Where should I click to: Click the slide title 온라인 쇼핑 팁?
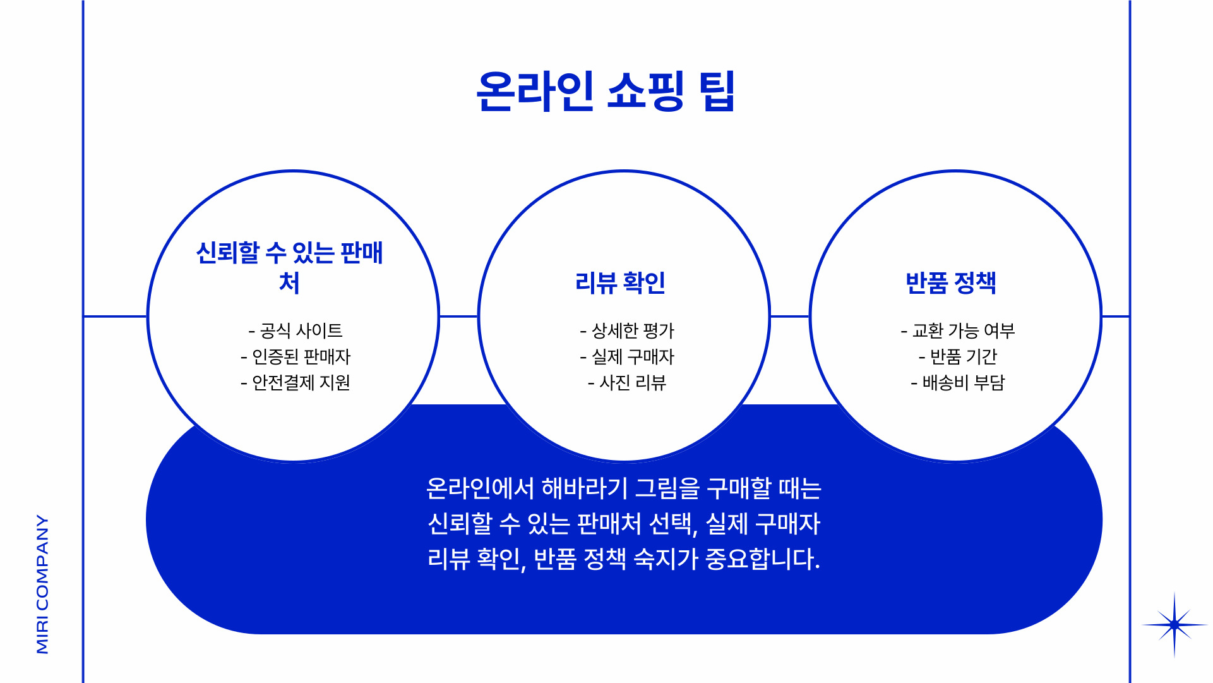click(606, 92)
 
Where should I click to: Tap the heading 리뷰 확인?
click(620, 282)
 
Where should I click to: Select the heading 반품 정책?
click(951, 282)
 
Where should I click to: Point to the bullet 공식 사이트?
click(296, 330)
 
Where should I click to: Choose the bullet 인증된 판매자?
click(296, 357)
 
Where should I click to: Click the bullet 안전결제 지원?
click(296, 383)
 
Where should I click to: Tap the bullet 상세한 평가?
click(627, 330)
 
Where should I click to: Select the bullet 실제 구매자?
click(627, 357)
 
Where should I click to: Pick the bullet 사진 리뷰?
click(627, 383)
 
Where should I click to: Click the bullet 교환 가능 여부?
click(958, 330)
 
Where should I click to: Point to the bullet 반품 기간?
click(958, 357)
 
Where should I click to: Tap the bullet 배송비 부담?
click(958, 383)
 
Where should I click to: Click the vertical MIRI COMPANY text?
click(42, 584)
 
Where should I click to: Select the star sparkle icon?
click(1174, 625)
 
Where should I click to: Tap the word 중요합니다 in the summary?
click(762, 559)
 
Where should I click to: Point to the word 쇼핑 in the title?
click(645, 92)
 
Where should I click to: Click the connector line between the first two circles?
click(458, 316)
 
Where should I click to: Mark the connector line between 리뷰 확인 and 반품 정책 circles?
click(789, 316)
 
